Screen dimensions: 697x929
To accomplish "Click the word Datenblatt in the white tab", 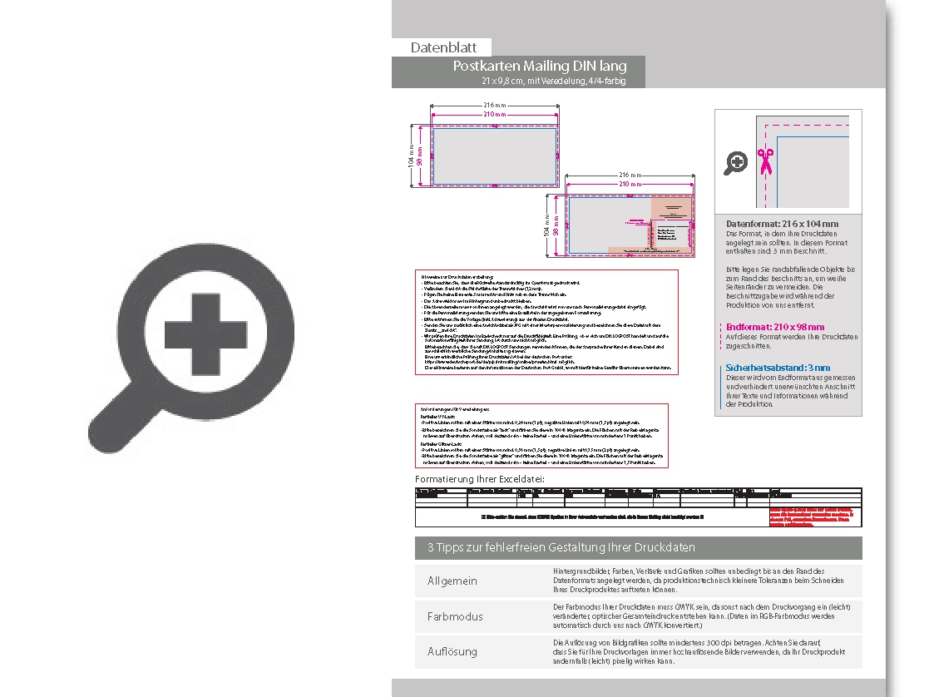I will point(442,47).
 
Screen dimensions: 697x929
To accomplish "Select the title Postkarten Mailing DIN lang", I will point(539,66).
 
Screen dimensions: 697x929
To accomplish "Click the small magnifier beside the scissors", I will point(735,163).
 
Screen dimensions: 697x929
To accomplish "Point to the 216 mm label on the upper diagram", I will point(494,105).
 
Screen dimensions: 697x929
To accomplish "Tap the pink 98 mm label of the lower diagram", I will point(556,223).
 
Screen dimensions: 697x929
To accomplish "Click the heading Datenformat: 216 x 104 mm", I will point(782,224).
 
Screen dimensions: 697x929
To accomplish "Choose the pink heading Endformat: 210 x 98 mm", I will point(775,327).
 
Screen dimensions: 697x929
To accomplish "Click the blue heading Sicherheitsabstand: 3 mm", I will point(778,367).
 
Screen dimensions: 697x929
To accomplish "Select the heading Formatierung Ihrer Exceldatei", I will point(480,479).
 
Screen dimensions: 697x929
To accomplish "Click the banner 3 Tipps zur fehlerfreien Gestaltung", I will point(561,547).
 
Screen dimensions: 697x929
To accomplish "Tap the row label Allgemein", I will point(452,581).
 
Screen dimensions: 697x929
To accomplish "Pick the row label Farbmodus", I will point(455,616).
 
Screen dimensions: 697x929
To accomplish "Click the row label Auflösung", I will point(453,652).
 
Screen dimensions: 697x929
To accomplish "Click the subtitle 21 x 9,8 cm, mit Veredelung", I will point(552,81).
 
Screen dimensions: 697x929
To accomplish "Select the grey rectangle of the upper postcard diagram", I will point(494,155).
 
